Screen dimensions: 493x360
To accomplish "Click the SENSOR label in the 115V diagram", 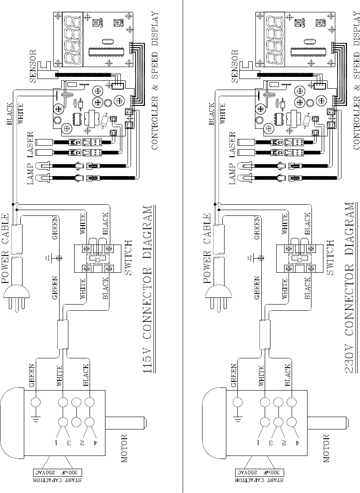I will click(x=34, y=66).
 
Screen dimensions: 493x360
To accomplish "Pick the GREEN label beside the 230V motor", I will click(x=233, y=375).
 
